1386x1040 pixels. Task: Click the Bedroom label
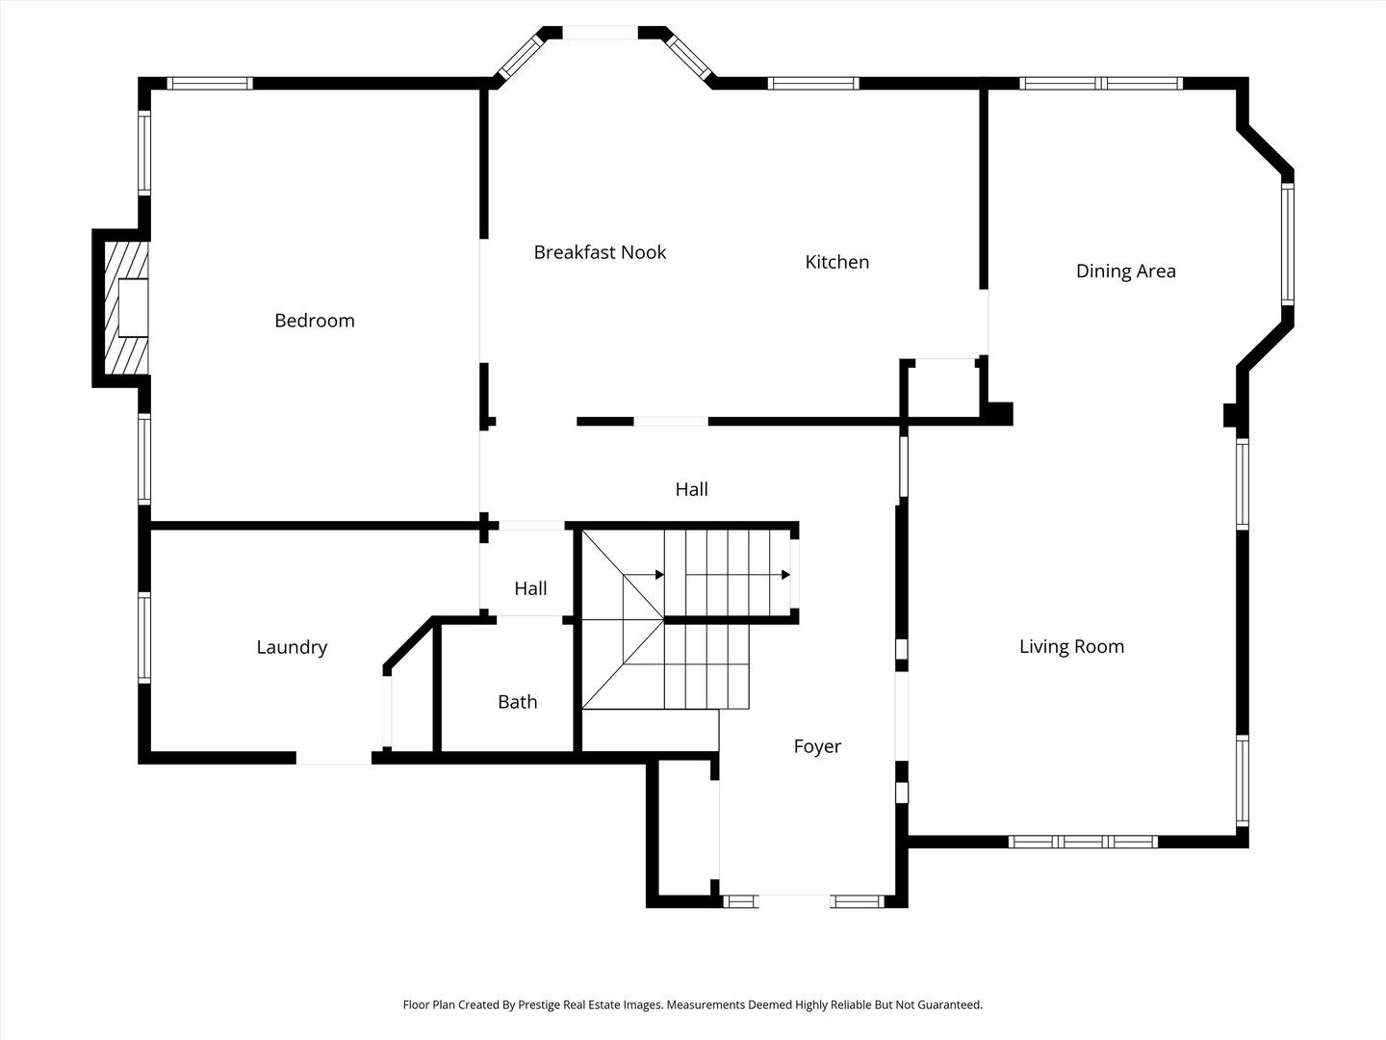pyautogui.click(x=315, y=321)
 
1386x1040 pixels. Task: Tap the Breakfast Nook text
pyautogui.click(x=600, y=252)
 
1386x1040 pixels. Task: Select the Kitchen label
pyautogui.click(x=837, y=262)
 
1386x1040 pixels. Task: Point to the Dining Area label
pyautogui.click(x=1126, y=272)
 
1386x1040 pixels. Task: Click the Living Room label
pyautogui.click(x=1071, y=646)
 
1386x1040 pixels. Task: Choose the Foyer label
pyautogui.click(x=817, y=746)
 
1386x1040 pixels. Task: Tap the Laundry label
pyautogui.click(x=292, y=647)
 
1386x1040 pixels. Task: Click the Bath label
pyautogui.click(x=517, y=702)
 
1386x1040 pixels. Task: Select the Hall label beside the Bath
pyautogui.click(x=530, y=588)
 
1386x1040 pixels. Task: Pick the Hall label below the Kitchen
pyautogui.click(x=691, y=489)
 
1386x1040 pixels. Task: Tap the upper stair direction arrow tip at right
pyautogui.click(x=789, y=575)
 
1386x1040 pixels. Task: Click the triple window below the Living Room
pyautogui.click(x=1083, y=842)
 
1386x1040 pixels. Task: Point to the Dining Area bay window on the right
pyautogui.click(x=1288, y=244)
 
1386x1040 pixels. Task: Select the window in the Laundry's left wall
pyautogui.click(x=144, y=637)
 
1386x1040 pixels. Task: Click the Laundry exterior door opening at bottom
pyautogui.click(x=334, y=758)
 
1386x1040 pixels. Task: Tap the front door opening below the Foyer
pyautogui.click(x=794, y=901)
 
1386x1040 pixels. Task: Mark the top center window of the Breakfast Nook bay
pyautogui.click(x=600, y=33)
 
